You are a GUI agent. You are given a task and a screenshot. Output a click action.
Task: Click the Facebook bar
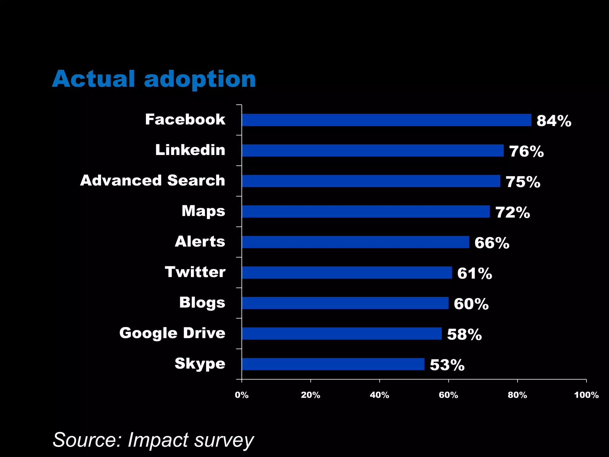coord(387,120)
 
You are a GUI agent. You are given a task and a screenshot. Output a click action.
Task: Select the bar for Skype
coord(333,364)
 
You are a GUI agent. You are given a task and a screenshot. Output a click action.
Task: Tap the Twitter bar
coord(347,273)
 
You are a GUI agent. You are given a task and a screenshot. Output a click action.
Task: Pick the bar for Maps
coord(366,212)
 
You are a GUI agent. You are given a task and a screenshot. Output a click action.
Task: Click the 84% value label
coord(554,121)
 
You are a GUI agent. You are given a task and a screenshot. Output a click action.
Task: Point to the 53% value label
coord(447,365)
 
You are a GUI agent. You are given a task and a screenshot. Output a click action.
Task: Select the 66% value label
coord(492,243)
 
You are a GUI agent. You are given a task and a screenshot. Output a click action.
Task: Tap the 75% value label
coord(523,182)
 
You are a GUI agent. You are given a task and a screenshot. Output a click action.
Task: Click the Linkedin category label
coord(190,150)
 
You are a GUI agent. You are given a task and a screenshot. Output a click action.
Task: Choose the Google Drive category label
coord(172,333)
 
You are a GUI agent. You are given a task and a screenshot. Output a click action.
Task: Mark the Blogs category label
coord(202,303)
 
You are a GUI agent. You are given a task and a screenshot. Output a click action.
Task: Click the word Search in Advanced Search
coord(196,180)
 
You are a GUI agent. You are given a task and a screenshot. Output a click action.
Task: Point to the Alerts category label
coord(200,241)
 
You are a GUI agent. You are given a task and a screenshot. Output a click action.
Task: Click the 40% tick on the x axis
coord(379,395)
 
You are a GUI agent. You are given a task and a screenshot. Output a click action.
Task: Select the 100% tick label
coord(586,395)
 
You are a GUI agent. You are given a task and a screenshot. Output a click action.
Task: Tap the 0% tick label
coord(241,395)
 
